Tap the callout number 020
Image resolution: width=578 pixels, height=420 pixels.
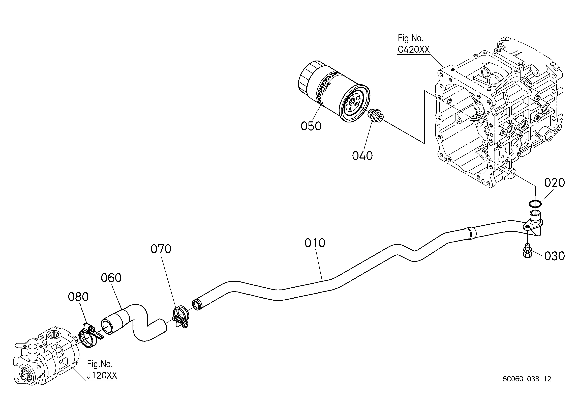pyautogui.click(x=555, y=183)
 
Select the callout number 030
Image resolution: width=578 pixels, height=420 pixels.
pyautogui.click(x=555, y=256)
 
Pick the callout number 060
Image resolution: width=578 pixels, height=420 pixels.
pyautogui.click(x=111, y=278)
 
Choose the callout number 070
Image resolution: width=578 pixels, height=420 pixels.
pyautogui.click(x=161, y=249)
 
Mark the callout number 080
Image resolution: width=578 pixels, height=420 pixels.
pyautogui.click(x=78, y=297)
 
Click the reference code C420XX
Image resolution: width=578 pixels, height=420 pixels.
pyautogui.click(x=414, y=49)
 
